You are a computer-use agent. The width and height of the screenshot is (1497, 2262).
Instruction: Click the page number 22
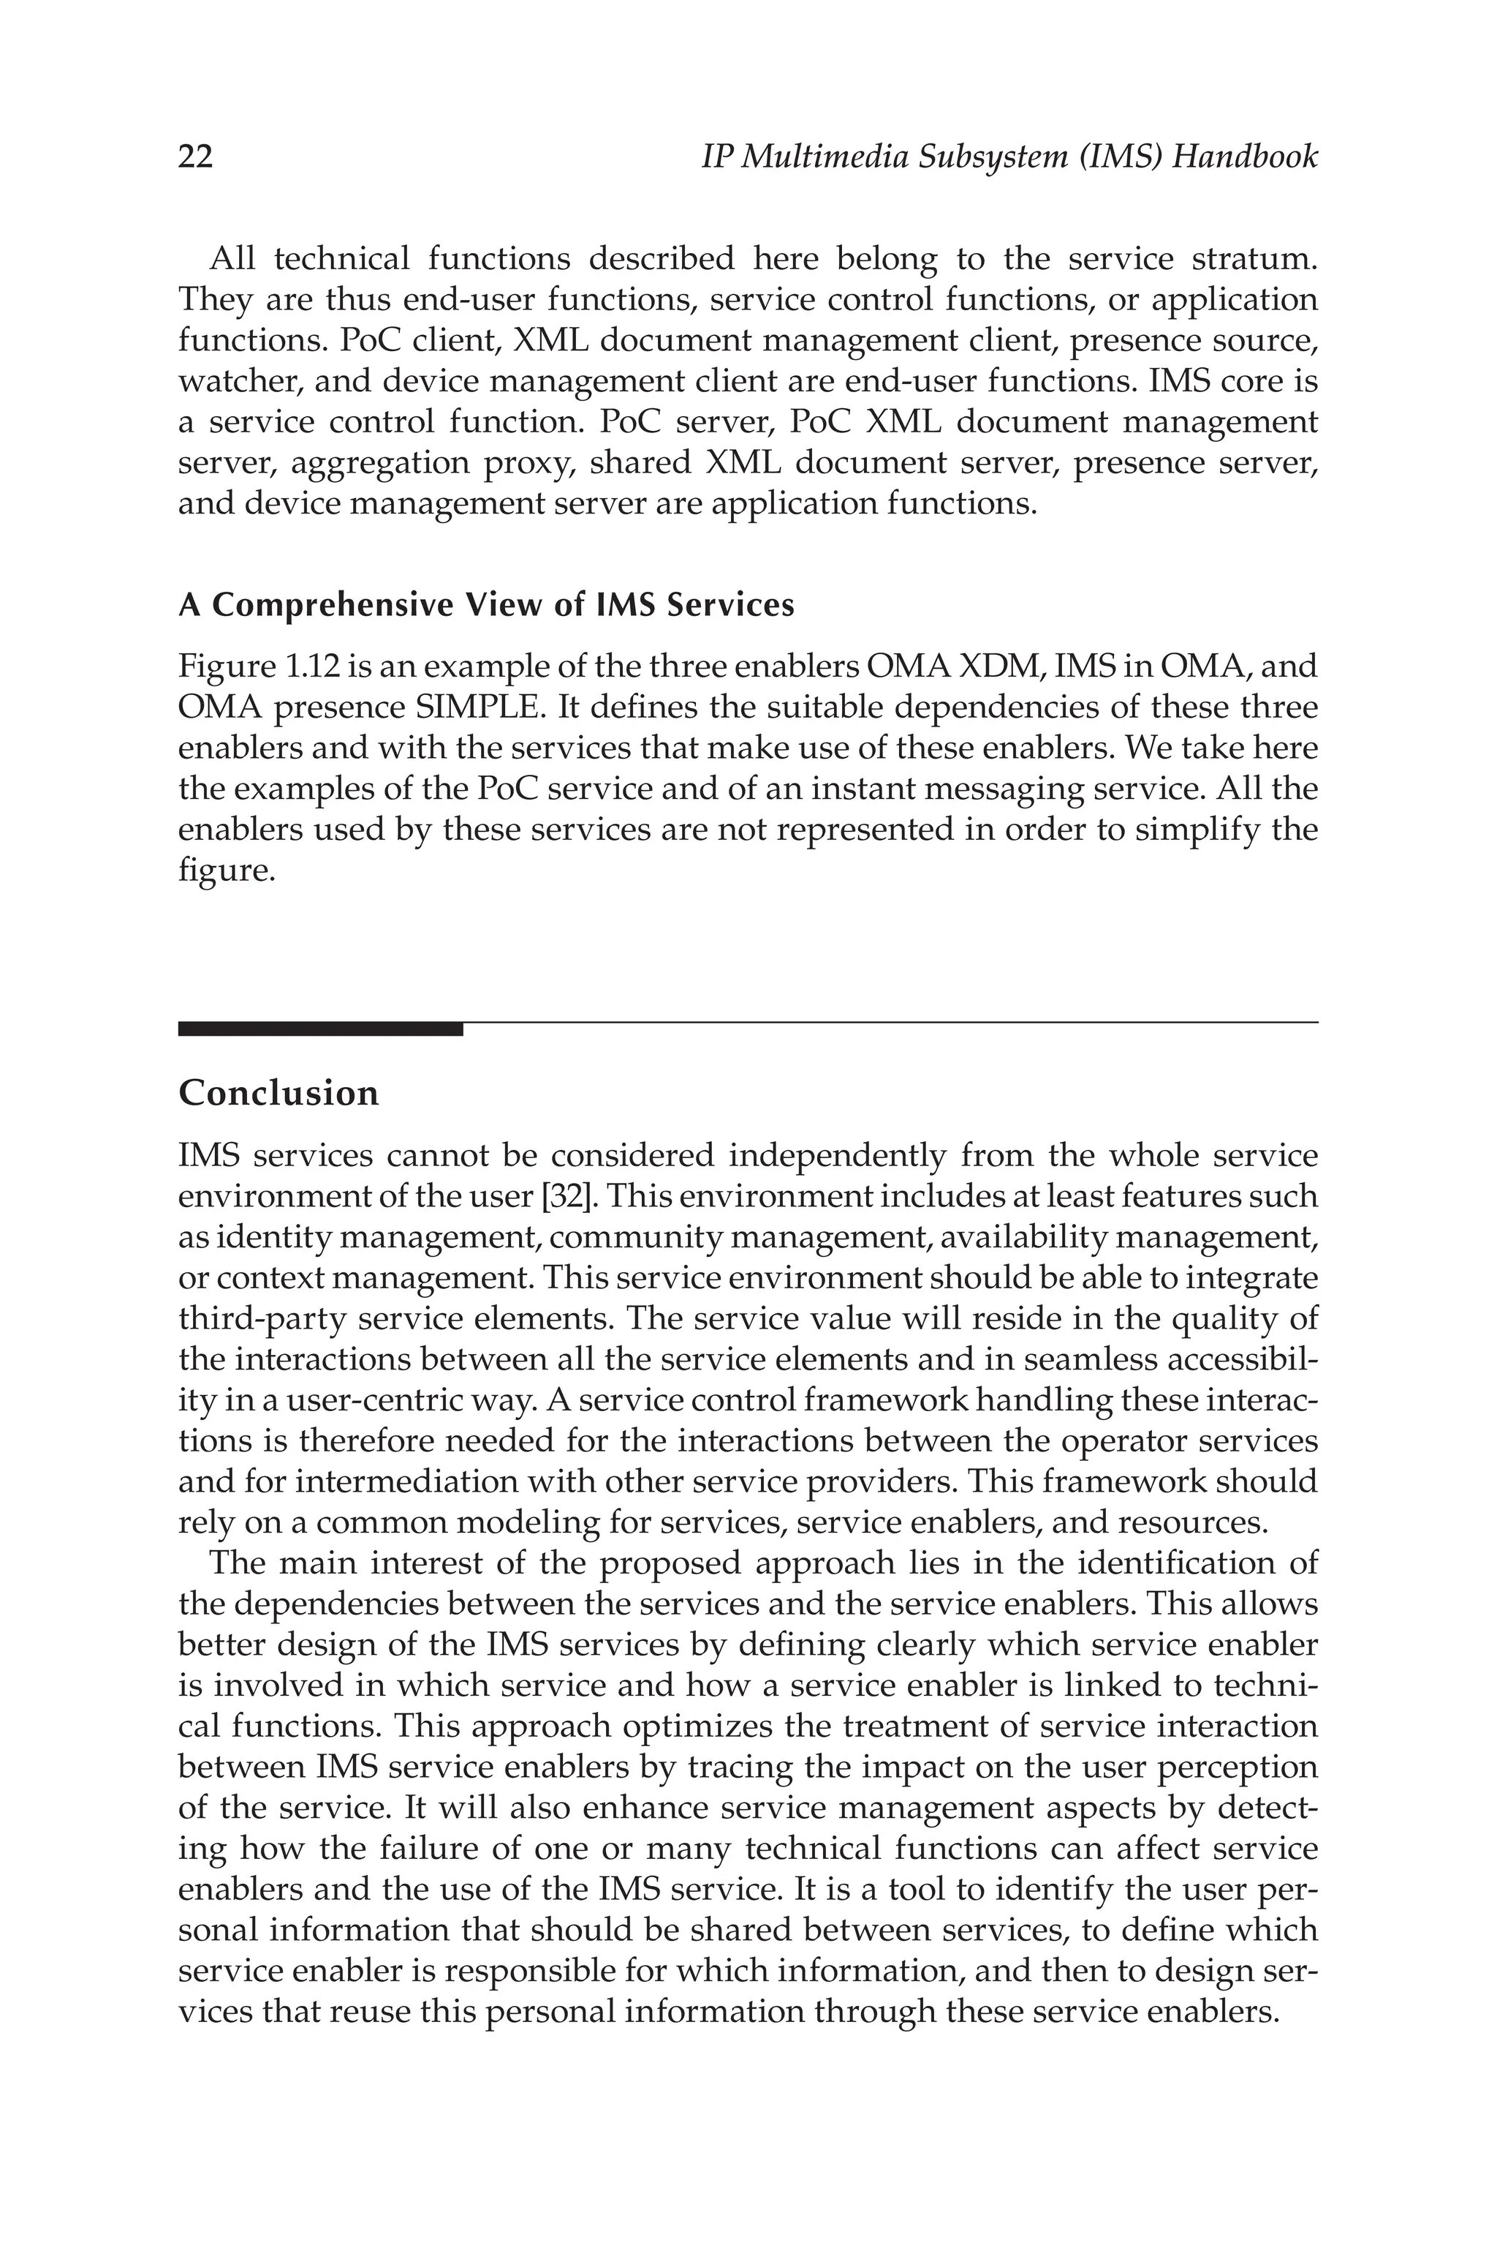tap(196, 156)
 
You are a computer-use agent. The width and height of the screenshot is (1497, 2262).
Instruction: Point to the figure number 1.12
tap(309, 666)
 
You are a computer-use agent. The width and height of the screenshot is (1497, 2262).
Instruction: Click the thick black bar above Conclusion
tap(320, 1029)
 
